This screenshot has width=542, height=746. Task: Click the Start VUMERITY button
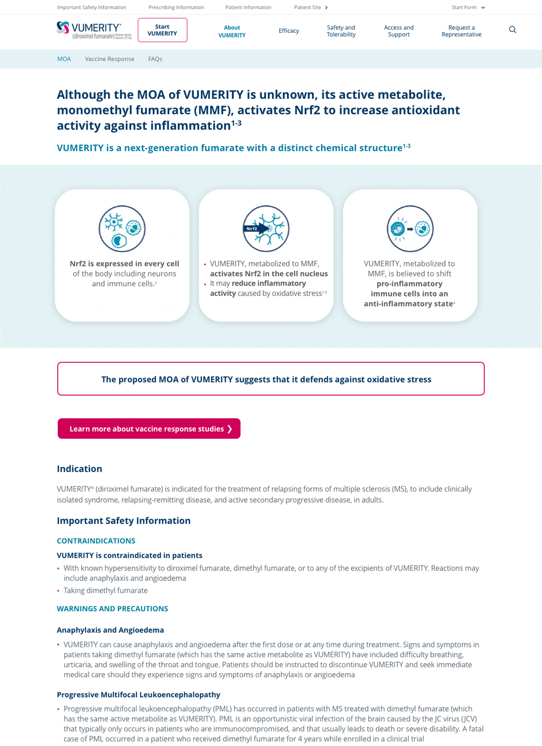coord(162,30)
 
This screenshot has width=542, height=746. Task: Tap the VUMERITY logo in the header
coord(94,30)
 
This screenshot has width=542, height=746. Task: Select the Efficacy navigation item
coord(289,31)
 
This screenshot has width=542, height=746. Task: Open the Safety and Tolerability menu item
coord(341,31)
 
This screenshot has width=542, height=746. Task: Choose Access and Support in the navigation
coord(398,31)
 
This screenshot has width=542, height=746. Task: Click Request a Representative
coord(461,31)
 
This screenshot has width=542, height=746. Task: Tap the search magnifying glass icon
coord(512,30)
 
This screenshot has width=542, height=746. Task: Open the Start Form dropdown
coord(468,8)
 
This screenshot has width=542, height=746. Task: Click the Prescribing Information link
coord(176,8)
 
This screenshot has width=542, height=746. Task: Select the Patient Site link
coord(310,8)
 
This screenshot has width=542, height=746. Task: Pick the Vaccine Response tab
coord(109,59)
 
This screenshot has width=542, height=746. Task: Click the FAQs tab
coord(155,59)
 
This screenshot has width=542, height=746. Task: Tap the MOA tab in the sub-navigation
coord(64,59)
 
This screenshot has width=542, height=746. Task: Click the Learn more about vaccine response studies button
coord(149,429)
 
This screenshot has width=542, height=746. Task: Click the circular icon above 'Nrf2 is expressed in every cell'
coord(122,229)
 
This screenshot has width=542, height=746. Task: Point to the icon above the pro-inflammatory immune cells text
coord(410,229)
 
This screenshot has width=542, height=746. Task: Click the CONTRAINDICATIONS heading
coord(96,541)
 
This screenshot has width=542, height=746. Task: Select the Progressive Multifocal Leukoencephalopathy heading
coord(138,694)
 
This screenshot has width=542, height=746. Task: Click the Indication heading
coord(79,469)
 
